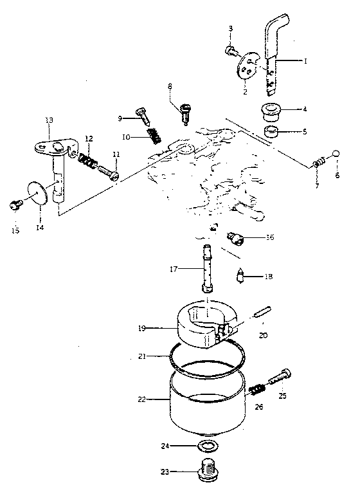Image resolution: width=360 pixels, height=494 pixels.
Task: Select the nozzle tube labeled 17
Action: pos(208,268)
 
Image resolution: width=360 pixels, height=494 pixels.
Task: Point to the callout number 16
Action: pos(270,237)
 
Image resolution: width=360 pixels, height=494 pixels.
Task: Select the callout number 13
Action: pos(49,120)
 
